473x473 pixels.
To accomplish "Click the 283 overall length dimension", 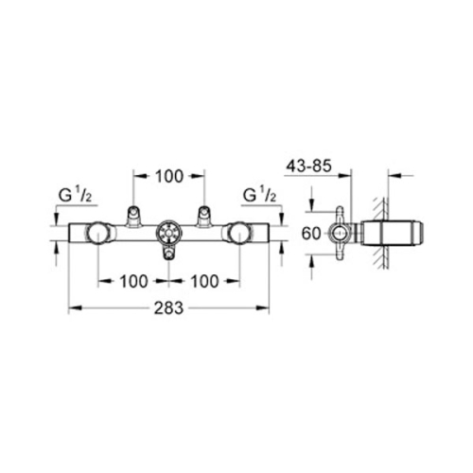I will tap(168, 308).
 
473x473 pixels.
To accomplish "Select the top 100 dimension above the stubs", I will tap(168, 177).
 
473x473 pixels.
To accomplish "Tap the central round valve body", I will tap(168, 234).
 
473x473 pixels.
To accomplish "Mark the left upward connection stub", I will tap(133, 216).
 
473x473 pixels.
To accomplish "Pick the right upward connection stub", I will tap(203, 216).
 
